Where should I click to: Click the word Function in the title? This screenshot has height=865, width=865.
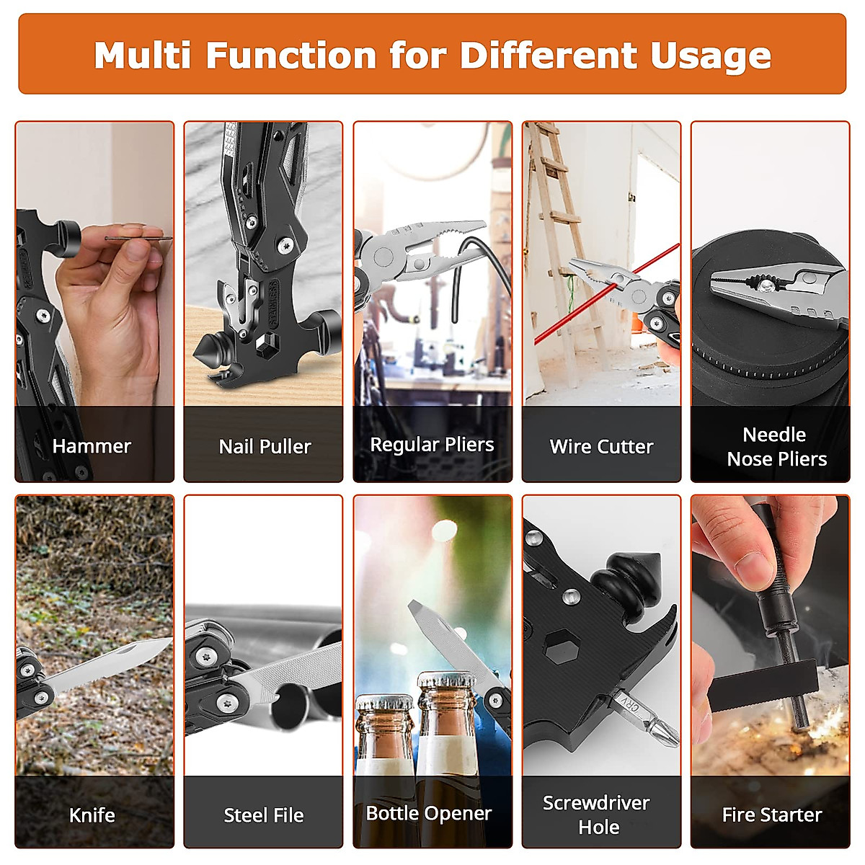(x=291, y=56)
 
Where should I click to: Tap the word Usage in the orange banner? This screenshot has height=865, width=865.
(x=710, y=56)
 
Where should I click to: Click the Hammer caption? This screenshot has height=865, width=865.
(x=92, y=446)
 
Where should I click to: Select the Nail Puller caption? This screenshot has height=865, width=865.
(x=265, y=447)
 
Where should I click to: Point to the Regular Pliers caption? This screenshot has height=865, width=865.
(x=432, y=445)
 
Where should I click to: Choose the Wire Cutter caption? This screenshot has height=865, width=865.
(x=601, y=447)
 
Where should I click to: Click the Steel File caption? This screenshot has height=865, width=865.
(x=263, y=815)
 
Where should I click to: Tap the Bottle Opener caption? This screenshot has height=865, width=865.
(x=429, y=813)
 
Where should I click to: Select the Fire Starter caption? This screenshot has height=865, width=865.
(x=771, y=815)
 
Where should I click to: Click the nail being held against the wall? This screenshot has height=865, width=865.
(x=137, y=238)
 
